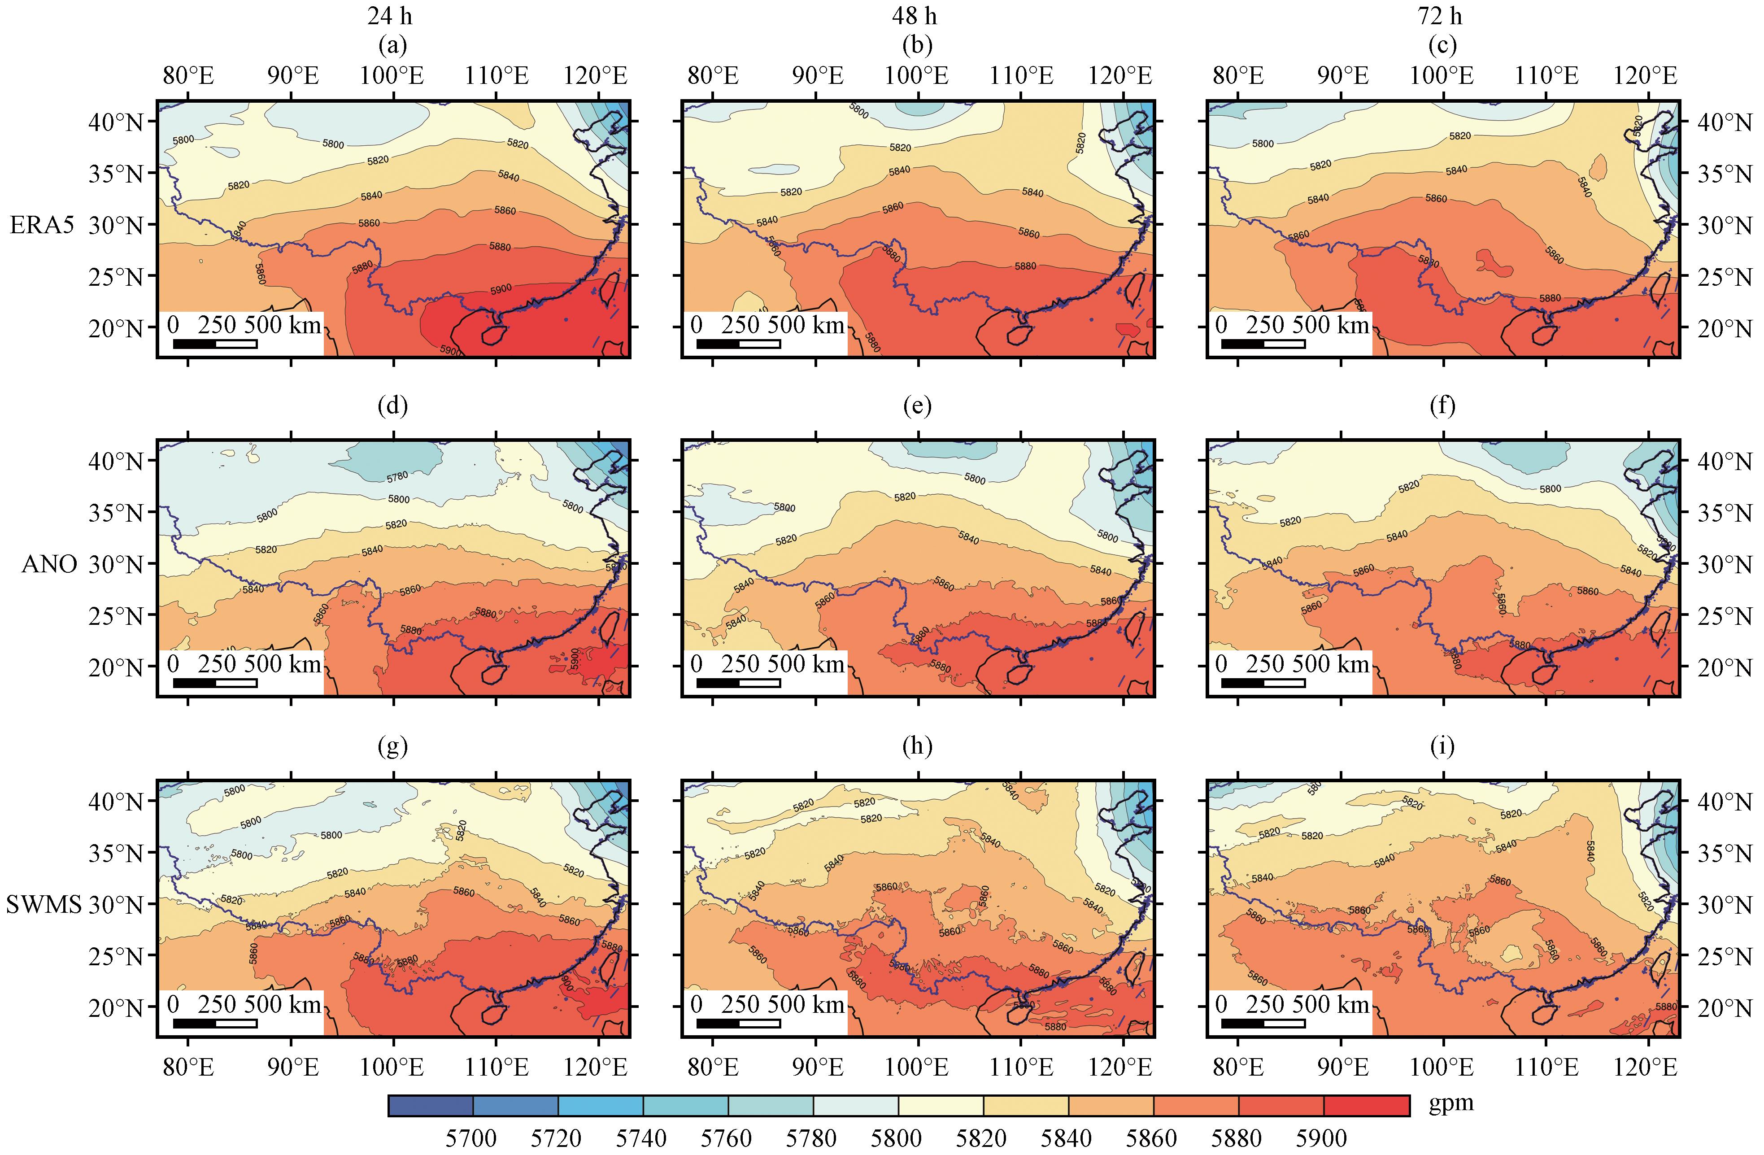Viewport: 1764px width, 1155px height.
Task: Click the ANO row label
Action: pos(49,564)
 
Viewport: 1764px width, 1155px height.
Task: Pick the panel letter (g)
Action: pos(392,746)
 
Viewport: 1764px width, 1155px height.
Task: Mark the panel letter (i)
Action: pos(1442,746)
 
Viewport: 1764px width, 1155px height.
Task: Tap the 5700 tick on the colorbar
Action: pos(471,1137)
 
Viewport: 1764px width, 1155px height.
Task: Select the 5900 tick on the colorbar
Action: pos(1321,1137)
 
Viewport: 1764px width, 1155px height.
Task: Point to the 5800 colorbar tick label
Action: pos(896,1137)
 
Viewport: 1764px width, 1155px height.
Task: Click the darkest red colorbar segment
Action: pos(1366,1105)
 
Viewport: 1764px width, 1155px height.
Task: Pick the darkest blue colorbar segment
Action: pos(431,1105)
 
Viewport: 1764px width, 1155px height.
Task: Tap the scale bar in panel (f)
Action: pos(1263,683)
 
